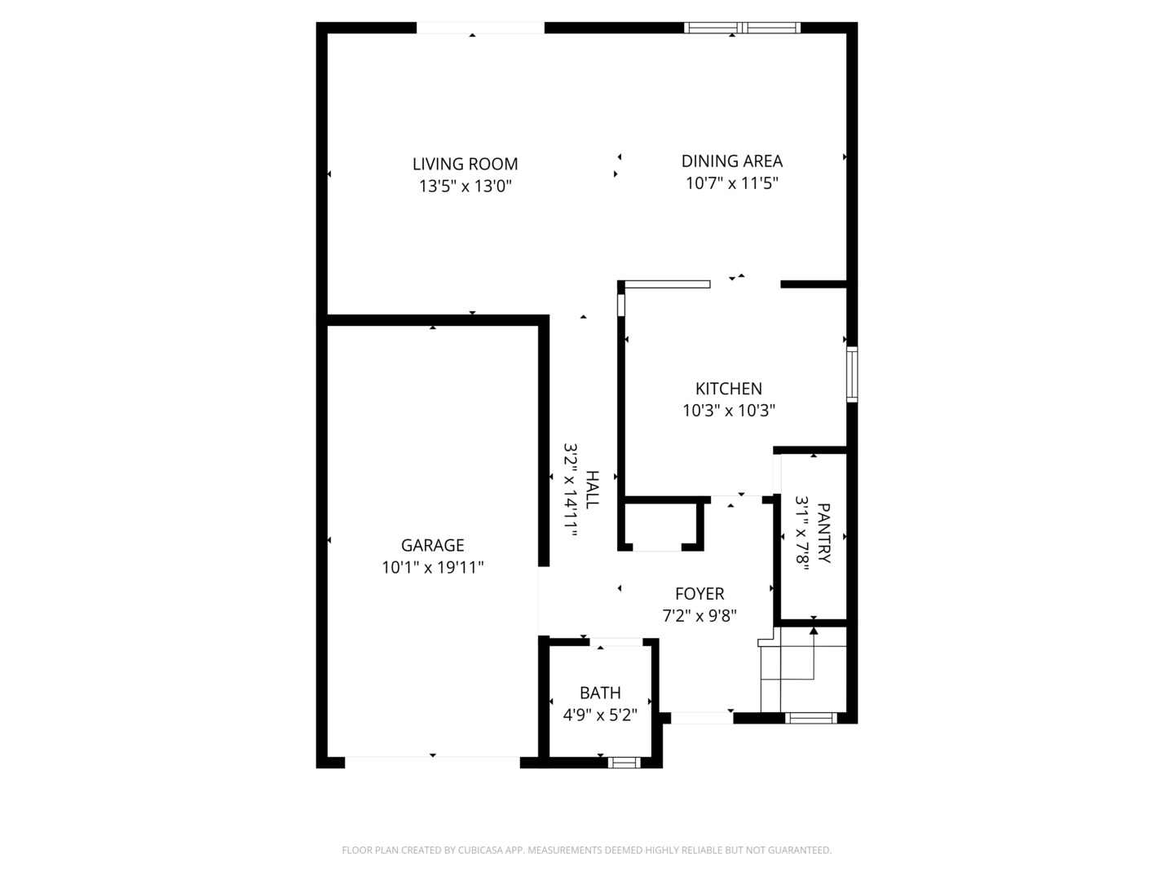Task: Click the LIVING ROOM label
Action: pos(465,164)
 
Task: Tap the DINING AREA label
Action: pos(731,161)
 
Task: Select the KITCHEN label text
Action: pos(728,389)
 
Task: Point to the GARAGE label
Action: pos(432,545)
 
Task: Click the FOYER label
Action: pos(699,594)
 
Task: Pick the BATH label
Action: pos(600,693)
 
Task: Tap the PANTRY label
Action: pos(823,534)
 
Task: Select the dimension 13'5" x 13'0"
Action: pos(465,186)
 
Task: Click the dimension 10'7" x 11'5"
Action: pos(731,183)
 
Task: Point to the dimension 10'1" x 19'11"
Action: pos(432,567)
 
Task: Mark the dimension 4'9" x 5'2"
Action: pos(600,715)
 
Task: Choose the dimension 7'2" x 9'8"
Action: pos(699,616)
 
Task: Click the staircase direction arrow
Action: pos(813,631)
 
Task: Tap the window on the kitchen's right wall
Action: pos(852,374)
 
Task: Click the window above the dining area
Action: pos(742,28)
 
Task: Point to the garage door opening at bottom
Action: pos(432,763)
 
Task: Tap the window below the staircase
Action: pos(810,718)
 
